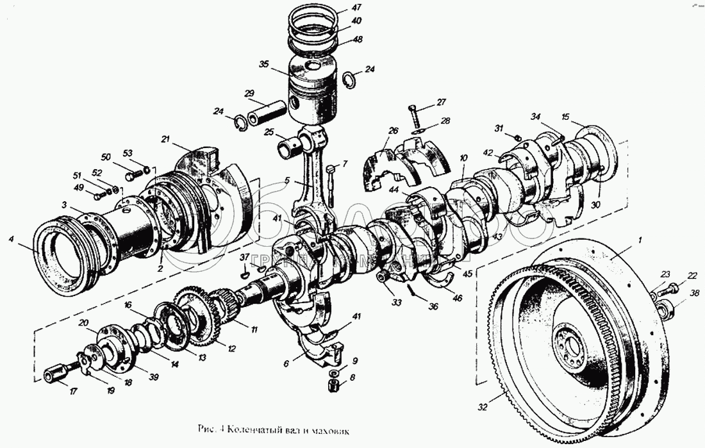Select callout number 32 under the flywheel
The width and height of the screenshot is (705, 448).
(482, 405)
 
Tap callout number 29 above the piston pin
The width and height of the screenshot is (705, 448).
(250, 94)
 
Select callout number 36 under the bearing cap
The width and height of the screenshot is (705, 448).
(433, 306)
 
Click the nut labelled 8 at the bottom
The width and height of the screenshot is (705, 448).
(333, 386)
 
